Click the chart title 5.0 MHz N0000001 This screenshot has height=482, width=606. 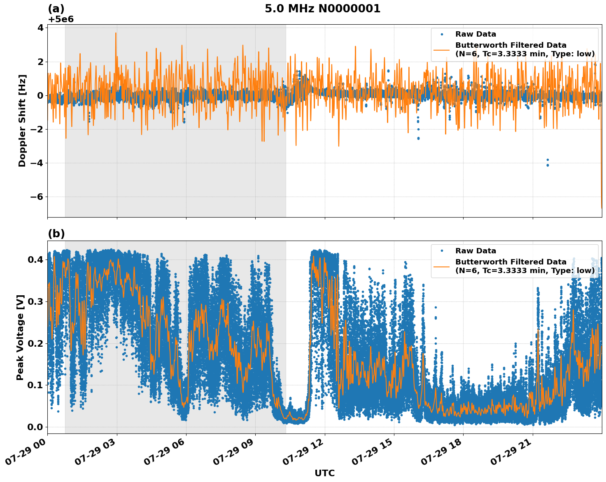click(x=322, y=9)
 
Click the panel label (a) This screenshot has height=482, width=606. click(x=56, y=9)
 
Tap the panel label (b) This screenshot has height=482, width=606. click(x=56, y=234)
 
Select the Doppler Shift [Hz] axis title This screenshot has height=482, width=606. click(x=22, y=120)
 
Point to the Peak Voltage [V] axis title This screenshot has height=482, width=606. click(x=20, y=337)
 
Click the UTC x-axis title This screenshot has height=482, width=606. click(x=324, y=473)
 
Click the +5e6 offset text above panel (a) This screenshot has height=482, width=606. click(x=61, y=19)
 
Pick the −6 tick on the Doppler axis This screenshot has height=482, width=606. click(x=37, y=197)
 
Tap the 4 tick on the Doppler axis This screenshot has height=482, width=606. click(x=40, y=28)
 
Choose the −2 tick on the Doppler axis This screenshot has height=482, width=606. click(x=37, y=130)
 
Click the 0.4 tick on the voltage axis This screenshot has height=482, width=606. click(x=35, y=260)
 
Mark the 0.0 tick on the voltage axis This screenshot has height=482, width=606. click(x=35, y=427)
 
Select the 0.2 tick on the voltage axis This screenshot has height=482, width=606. click(x=35, y=343)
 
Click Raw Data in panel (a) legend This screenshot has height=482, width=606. click(x=475, y=34)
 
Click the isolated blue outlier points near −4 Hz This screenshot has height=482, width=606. click(x=548, y=162)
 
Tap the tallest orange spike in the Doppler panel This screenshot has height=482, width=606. click(x=116, y=34)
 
